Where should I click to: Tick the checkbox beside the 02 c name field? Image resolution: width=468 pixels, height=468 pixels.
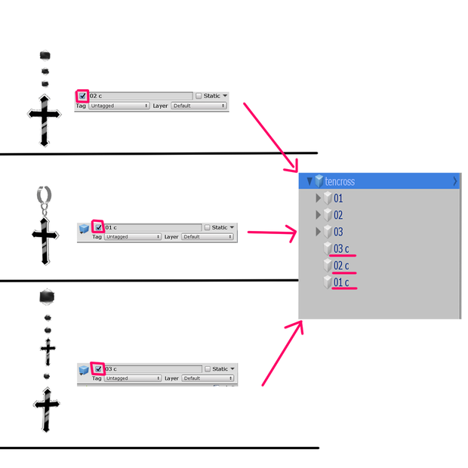82,96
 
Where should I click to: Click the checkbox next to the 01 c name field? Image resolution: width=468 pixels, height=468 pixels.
98,227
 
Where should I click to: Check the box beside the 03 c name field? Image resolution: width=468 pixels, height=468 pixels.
98,369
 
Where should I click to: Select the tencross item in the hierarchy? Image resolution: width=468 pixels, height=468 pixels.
340,181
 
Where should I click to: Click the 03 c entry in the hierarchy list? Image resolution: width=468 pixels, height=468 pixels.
341,248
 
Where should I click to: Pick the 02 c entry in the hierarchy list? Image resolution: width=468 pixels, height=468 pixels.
341,266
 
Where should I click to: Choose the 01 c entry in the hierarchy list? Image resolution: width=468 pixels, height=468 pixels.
341,282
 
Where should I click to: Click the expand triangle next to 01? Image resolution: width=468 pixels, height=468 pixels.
319,199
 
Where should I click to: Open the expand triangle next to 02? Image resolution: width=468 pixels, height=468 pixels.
319,215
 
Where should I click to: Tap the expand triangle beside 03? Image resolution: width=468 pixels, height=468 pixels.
319,232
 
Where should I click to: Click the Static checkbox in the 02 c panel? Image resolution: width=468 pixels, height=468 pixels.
199,96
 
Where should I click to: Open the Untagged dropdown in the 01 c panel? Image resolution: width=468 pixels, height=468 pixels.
133,237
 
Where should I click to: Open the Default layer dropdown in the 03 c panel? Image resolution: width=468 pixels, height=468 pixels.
208,378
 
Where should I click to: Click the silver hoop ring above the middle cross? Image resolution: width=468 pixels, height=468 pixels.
45,195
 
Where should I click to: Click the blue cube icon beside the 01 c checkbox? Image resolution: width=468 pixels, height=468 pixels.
84,229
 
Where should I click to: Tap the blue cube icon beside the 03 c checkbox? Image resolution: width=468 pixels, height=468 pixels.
84,370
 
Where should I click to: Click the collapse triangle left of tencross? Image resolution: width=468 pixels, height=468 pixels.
309,181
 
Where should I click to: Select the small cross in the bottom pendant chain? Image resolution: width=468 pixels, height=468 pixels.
48,353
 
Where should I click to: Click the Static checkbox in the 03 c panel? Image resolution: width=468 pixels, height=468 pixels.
208,369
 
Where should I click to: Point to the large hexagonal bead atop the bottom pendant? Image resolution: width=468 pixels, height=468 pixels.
47,297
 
